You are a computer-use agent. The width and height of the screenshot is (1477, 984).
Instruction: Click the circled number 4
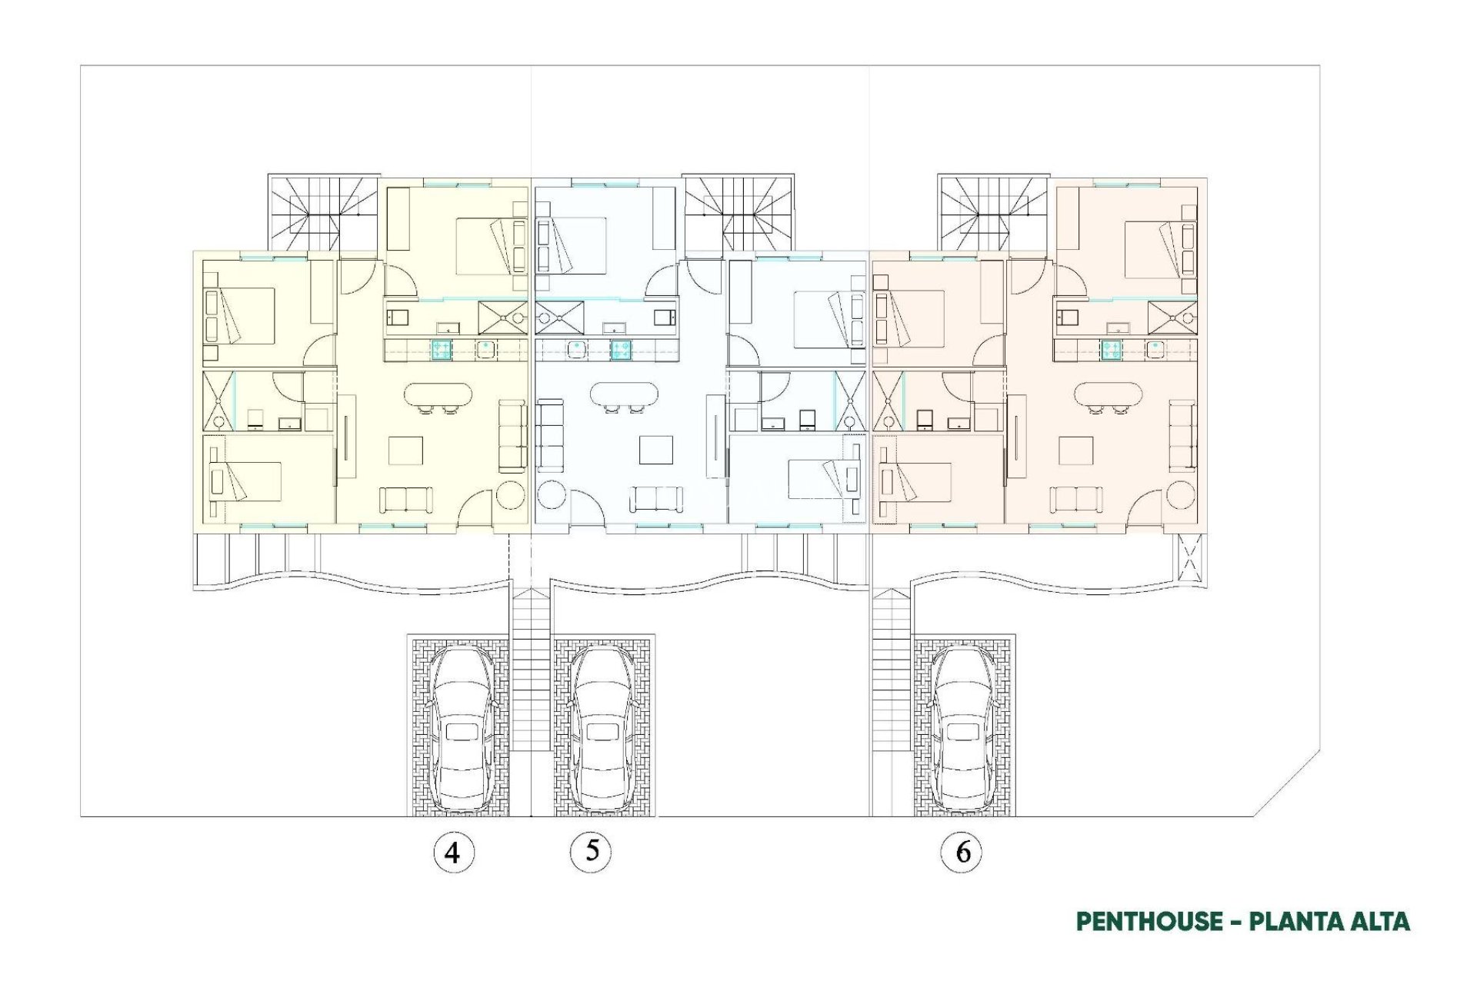453,852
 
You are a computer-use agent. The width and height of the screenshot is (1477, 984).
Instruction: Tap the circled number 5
591,850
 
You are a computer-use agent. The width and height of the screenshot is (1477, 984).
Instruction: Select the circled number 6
962,852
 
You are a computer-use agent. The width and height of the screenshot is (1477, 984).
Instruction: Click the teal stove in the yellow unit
441,350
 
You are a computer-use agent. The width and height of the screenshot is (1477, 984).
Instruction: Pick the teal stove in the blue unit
622,350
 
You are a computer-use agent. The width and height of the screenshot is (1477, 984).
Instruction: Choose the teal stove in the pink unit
1110,350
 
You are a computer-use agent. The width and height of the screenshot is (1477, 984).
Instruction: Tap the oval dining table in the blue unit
624,395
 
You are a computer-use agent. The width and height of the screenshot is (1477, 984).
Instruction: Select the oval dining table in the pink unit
1109,395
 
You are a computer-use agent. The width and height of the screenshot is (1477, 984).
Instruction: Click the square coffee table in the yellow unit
405,450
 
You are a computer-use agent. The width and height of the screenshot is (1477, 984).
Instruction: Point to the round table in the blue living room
552,494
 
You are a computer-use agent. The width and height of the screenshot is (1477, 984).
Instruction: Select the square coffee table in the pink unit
1075,450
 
